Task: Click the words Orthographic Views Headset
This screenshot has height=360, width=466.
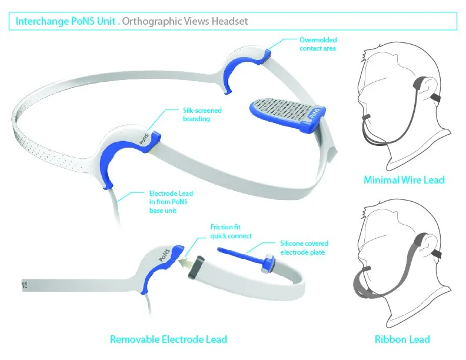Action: (x=185, y=21)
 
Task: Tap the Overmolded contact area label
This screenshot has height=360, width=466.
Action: (x=318, y=44)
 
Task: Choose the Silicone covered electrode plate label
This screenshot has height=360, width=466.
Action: (x=305, y=248)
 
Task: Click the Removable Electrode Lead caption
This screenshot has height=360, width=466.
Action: (x=168, y=339)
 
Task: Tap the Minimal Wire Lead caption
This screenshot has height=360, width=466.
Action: (x=404, y=180)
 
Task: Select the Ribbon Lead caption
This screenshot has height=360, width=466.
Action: (x=402, y=339)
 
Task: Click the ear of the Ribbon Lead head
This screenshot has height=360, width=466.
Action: (x=422, y=241)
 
